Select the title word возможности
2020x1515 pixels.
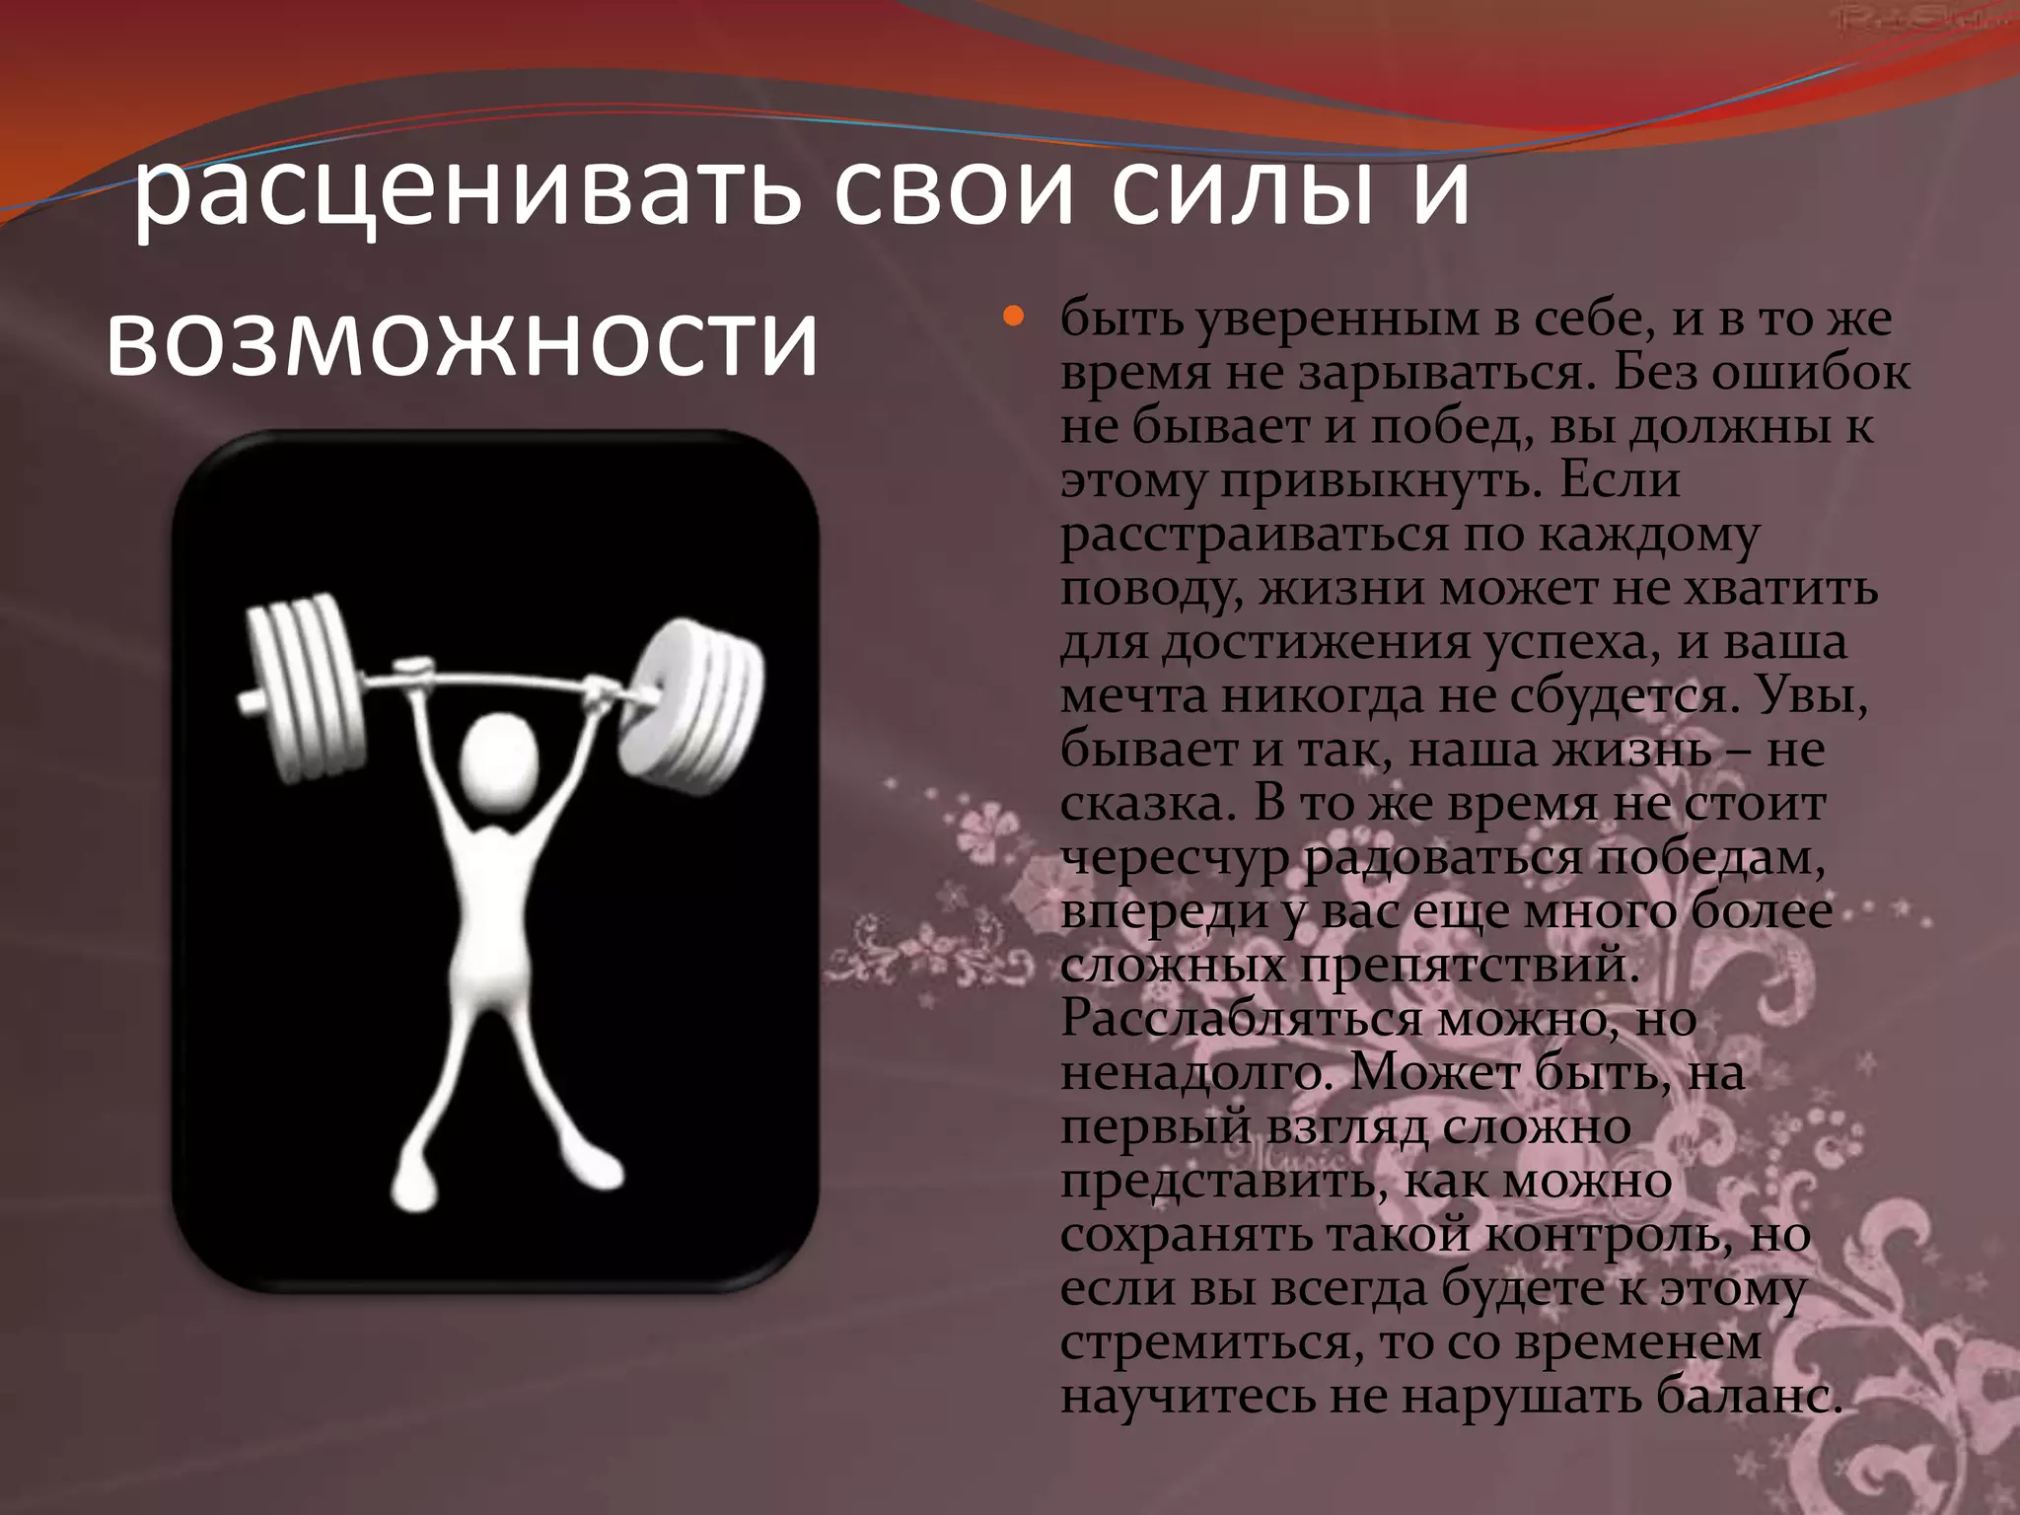(x=462, y=341)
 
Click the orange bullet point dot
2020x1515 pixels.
(x=1013, y=318)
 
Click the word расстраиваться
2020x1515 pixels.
(x=1254, y=536)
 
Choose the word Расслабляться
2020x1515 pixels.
(x=1243, y=1019)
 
